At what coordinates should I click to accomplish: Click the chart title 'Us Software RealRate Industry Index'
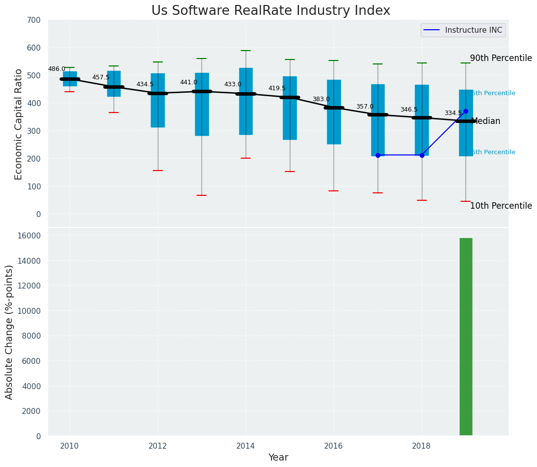(270, 11)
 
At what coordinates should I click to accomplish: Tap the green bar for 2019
(466, 337)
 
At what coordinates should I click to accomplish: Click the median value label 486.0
(57, 69)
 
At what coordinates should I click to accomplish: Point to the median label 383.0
(321, 99)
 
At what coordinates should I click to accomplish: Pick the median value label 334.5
(453, 113)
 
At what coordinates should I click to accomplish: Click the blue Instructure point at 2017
(378, 155)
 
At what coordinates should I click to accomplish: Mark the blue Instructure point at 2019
(466, 111)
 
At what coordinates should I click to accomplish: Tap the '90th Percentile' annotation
(501, 58)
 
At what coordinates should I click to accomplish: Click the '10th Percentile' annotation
(501, 206)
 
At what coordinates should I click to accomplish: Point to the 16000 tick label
(30, 235)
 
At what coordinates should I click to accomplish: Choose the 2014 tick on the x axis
(246, 446)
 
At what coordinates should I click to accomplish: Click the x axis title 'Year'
(278, 458)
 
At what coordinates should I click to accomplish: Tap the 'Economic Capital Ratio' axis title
(19, 124)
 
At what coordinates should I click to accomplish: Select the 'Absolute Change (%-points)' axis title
(9, 332)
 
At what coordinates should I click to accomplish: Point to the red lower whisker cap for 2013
(201, 195)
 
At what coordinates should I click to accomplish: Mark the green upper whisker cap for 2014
(246, 51)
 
